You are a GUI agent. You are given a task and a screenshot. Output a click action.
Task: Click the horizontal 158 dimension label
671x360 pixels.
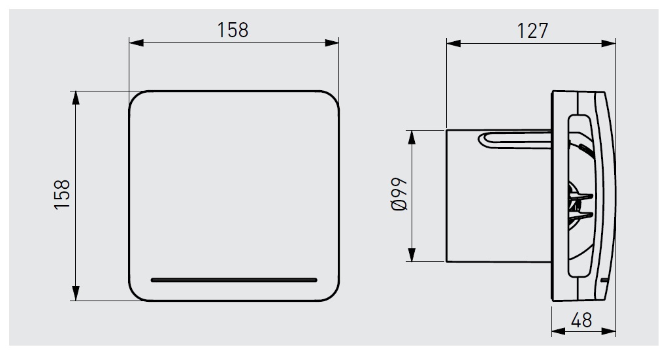coord(233,30)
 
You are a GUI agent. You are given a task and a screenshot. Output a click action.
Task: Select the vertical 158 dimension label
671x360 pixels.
coord(62,195)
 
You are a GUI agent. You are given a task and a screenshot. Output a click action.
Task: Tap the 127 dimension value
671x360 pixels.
coord(532,31)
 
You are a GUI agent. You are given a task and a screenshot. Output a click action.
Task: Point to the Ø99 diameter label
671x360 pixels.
coord(399,194)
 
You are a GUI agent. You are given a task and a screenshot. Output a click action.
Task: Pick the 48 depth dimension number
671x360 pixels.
coord(581,320)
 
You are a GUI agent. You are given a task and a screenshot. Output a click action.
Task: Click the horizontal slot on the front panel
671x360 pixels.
coord(234,280)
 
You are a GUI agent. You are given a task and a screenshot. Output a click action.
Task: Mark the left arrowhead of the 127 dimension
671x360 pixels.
coord(453,43)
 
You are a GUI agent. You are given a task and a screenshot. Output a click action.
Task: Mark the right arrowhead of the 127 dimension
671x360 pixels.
coord(608,43)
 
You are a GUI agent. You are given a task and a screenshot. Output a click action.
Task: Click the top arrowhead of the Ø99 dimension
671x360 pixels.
coord(412,137)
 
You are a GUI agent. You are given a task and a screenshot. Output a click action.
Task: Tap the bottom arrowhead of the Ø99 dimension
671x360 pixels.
coord(412,254)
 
